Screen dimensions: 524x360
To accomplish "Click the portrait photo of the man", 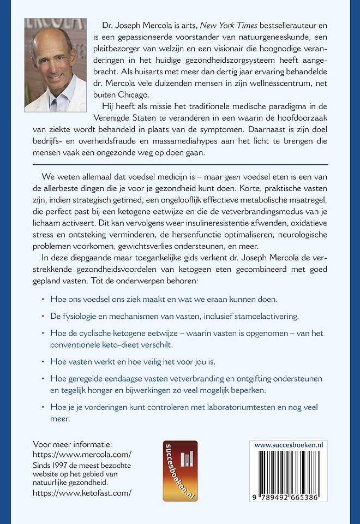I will [55, 64].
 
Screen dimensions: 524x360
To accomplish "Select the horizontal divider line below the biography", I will [180, 164].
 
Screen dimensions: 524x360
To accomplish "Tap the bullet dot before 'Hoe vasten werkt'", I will [43, 361].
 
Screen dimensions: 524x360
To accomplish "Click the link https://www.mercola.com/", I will [82, 454].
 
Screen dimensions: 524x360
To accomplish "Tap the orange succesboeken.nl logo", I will [180, 471].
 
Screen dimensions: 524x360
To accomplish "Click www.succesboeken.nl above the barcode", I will [289, 445].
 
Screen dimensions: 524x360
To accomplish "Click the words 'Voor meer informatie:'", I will [73, 444].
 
